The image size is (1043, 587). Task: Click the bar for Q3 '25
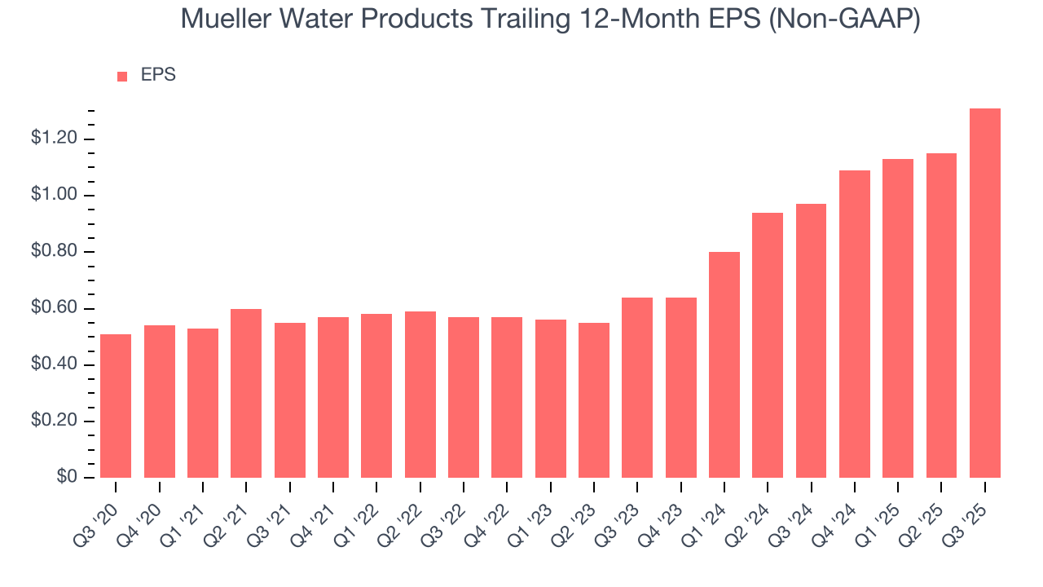click(984, 293)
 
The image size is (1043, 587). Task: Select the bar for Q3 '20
click(116, 406)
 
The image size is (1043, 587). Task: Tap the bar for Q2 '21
click(246, 393)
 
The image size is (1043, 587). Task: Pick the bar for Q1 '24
click(724, 364)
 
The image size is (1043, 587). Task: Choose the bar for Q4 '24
click(854, 324)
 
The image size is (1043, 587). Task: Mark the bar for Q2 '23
click(593, 400)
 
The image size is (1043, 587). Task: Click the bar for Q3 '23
click(637, 387)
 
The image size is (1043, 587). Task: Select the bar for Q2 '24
click(768, 345)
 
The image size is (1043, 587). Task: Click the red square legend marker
click(122, 76)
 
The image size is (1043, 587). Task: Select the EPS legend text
click(158, 75)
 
